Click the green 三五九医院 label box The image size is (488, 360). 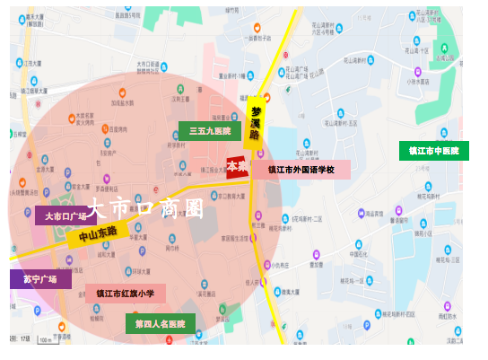[x=210, y=131]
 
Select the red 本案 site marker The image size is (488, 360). [x=237, y=166]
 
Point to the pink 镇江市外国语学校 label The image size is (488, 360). [x=301, y=169]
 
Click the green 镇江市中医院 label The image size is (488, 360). [x=433, y=151]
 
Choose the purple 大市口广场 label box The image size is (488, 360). [x=65, y=215]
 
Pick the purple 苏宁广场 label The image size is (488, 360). [x=40, y=279]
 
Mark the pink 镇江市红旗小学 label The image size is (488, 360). [x=126, y=293]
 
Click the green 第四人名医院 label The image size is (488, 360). [x=160, y=323]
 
